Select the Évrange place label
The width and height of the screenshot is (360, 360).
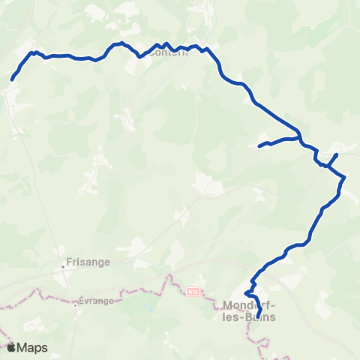pyautogui.click(x=94, y=304)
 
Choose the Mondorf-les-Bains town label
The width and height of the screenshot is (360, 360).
pyautogui.click(x=250, y=310)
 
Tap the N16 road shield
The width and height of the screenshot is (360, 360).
pyautogui.click(x=193, y=290)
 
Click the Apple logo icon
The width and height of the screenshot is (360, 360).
pyautogui.click(x=11, y=347)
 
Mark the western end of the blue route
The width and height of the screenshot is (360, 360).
pyautogui.click(x=13, y=79)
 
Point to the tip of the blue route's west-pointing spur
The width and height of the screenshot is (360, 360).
pyautogui.click(x=259, y=145)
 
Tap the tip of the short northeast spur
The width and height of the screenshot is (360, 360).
pyautogui.click(x=337, y=154)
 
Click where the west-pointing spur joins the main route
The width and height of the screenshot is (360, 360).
pyautogui.click(x=301, y=138)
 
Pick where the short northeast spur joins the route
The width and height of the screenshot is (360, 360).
pyautogui.click(x=327, y=165)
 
